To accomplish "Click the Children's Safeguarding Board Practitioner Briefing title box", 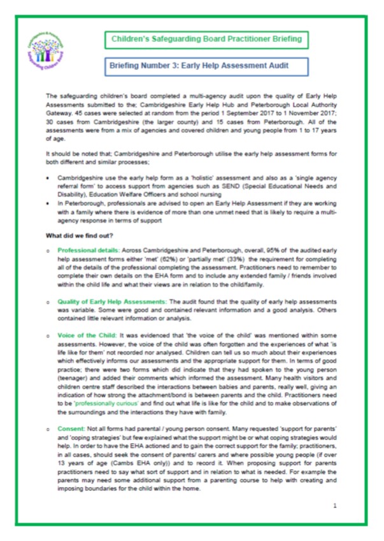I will [207, 40].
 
